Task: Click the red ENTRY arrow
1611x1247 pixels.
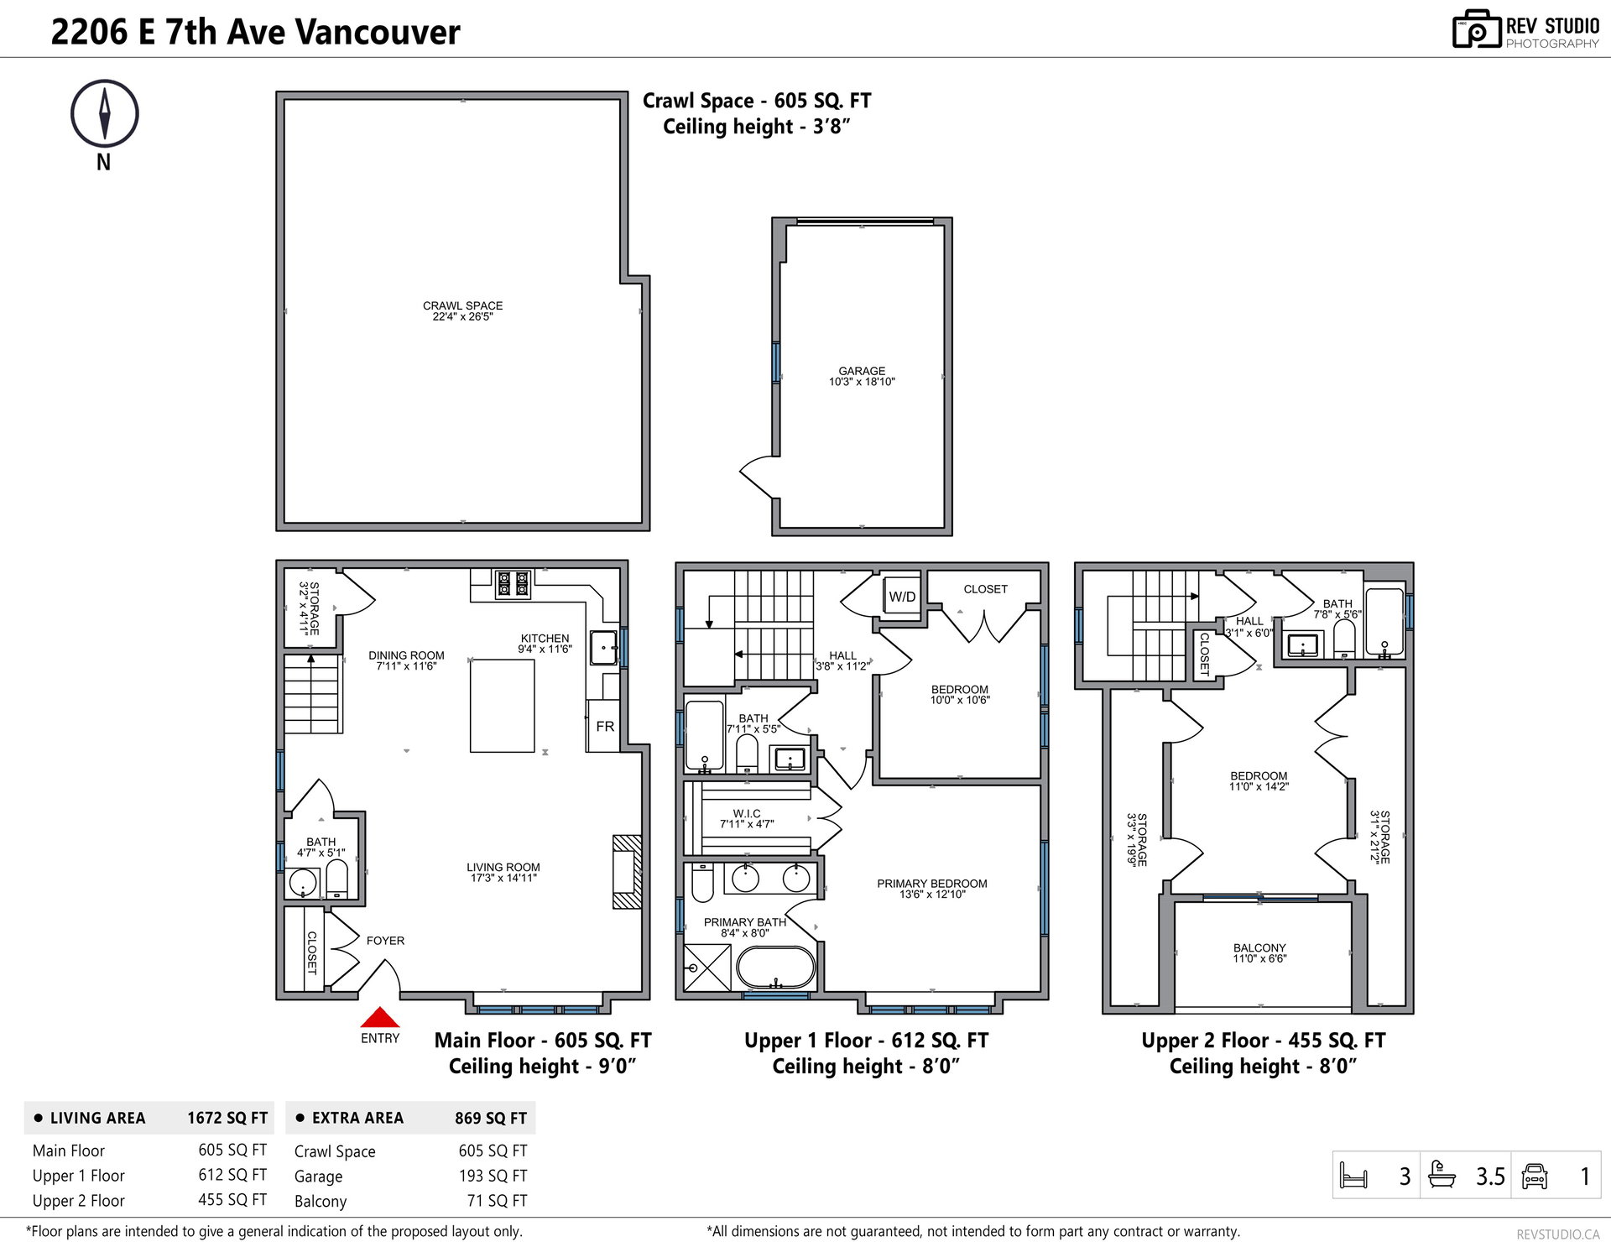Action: [x=380, y=1017]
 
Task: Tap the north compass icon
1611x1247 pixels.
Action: [x=104, y=115]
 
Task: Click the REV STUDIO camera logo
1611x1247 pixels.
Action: [x=1476, y=29]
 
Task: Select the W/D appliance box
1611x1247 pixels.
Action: [x=902, y=597]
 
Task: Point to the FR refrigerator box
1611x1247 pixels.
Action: [x=604, y=726]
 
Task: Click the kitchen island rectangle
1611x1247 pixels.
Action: [x=502, y=706]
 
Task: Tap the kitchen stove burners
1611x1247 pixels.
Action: [x=512, y=584]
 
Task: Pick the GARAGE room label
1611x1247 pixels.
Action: [x=862, y=376]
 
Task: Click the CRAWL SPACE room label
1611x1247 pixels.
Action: [x=463, y=311]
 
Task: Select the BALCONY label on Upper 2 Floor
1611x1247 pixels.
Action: [x=1259, y=953]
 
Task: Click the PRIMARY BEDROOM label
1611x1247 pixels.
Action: [x=932, y=889]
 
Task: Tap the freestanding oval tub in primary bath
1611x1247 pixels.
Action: [x=775, y=968]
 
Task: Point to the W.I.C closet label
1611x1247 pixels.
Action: [x=747, y=819]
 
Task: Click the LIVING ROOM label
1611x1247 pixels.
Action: [x=503, y=873]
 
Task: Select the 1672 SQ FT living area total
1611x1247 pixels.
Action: [x=227, y=1118]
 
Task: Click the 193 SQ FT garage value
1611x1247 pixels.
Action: [x=493, y=1176]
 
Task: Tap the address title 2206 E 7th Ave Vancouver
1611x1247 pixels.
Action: [x=255, y=32]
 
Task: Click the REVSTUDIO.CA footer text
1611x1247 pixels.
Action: [x=1557, y=1234]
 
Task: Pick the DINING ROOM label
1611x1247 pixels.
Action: [x=406, y=660]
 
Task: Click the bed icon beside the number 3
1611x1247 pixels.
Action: [x=1354, y=1176]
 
